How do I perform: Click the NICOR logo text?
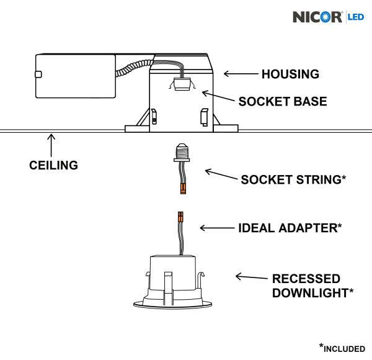317,16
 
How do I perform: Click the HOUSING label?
290,74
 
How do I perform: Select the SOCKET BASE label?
282,101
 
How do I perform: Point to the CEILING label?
54,165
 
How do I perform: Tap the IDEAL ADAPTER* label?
290,228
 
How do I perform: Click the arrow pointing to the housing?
239,74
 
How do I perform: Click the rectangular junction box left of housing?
74,76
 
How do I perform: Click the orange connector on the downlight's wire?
180,218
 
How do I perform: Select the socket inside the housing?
182,84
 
